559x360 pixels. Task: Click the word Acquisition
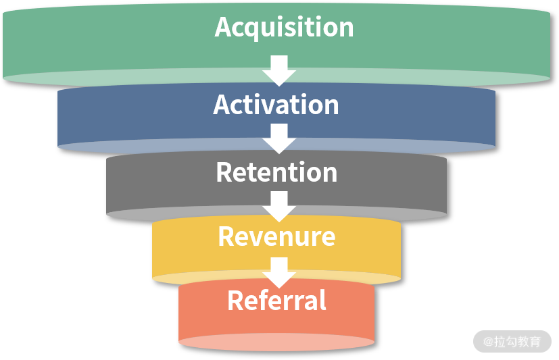284,27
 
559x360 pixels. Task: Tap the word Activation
276,105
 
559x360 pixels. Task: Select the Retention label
276,172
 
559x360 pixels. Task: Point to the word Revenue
276,236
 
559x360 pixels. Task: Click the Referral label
276,301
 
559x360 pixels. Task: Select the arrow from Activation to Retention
279,138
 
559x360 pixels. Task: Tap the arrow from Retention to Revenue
279,206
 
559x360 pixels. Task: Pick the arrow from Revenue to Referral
279,272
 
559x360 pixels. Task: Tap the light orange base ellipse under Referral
276,342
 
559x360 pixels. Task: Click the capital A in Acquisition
224,27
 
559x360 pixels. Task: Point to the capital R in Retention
224,172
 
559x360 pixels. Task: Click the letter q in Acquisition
255,29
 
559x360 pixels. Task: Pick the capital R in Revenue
226,236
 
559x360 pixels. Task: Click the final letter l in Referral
323,300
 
